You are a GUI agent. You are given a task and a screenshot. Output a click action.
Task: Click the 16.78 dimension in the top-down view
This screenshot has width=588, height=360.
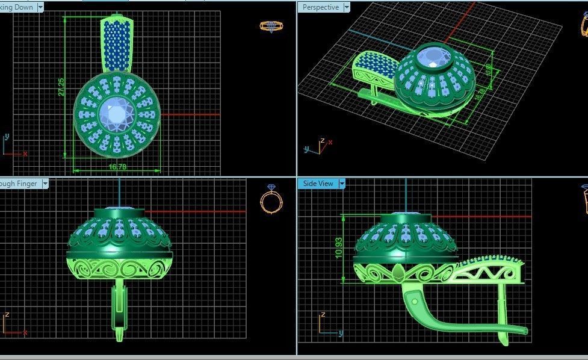point(117,167)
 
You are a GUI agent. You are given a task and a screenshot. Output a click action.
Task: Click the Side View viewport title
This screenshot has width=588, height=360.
point(318,184)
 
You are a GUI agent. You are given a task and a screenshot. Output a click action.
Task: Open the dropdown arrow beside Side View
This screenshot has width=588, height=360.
point(342,184)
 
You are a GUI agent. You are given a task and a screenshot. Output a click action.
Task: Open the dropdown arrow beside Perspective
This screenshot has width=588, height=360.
point(345,7)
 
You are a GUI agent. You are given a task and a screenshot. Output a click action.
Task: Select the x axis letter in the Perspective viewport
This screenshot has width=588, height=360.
point(330,142)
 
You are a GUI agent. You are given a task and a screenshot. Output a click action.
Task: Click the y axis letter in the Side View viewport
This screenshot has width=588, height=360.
point(340,332)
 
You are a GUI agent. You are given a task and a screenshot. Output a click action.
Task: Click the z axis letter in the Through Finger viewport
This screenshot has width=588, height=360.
point(7,315)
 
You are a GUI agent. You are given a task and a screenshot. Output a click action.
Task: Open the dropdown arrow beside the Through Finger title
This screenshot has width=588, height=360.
point(45,184)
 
